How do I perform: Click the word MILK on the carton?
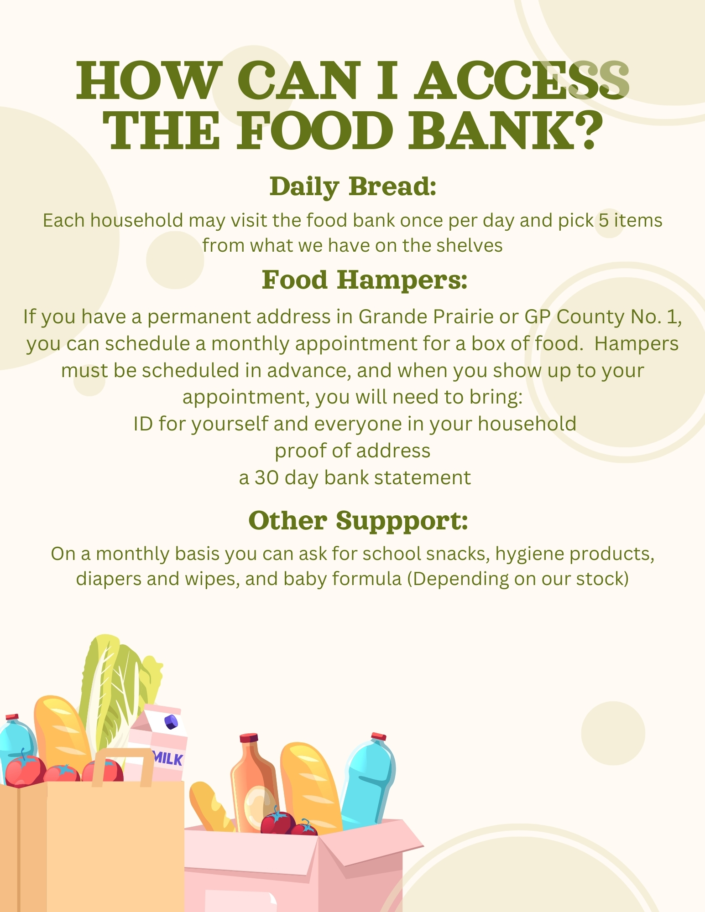168,758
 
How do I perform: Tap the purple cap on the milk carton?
172,722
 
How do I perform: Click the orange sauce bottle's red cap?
249,738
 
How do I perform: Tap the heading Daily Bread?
353,187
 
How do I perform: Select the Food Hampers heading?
365,280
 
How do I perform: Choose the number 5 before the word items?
604,221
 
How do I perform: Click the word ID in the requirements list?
143,424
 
